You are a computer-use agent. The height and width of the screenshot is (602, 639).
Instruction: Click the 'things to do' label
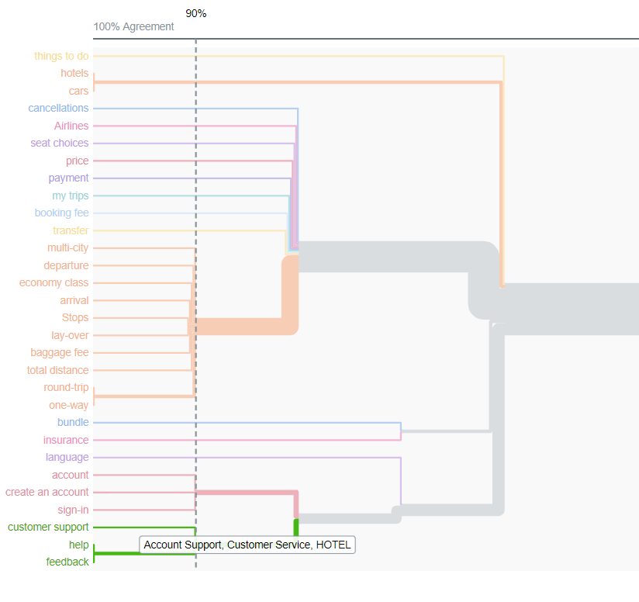pos(61,56)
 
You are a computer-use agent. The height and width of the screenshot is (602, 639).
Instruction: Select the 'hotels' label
pos(74,74)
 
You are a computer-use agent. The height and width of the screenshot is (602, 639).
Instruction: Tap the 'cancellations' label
pos(58,109)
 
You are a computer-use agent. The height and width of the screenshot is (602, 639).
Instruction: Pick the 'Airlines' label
pos(71,126)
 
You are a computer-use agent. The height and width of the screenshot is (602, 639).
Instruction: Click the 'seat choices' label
pos(60,144)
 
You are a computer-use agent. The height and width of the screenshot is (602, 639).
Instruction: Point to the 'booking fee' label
pos(61,213)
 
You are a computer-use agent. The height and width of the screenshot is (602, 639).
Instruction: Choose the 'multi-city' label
pos(67,248)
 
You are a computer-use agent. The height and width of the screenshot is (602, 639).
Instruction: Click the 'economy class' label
pos(54,283)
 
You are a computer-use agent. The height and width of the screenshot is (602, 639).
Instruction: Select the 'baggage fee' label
pos(60,353)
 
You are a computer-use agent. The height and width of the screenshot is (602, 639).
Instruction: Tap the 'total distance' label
pos(57,370)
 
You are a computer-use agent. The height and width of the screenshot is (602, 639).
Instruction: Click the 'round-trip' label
pos(66,388)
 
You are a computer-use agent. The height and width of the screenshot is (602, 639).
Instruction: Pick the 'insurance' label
pos(66,441)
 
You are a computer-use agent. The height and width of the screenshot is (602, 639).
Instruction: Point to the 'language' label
pos(67,458)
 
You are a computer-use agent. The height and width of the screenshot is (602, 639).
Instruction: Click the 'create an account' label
pos(47,493)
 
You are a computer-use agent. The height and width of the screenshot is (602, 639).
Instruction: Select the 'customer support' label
pos(48,528)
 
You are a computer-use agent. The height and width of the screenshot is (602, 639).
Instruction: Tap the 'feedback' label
pos(67,562)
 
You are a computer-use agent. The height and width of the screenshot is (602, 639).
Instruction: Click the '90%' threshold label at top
pos(196,14)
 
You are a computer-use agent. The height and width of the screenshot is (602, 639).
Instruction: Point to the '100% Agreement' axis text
pos(133,26)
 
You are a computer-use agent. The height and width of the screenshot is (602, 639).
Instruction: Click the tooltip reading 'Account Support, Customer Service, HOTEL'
pos(247,545)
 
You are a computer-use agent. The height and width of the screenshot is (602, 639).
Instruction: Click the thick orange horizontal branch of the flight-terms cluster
pos(240,326)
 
